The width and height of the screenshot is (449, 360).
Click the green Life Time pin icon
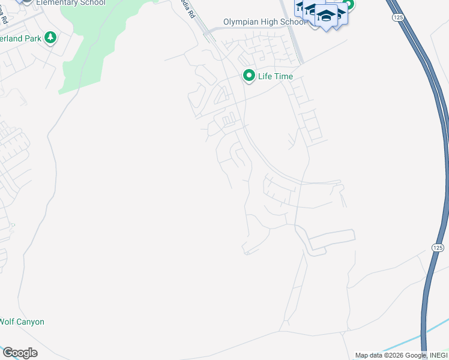point(249,76)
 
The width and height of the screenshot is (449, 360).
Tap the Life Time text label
point(276,76)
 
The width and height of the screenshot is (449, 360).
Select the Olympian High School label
point(264,22)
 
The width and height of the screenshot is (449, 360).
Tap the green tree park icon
point(51,38)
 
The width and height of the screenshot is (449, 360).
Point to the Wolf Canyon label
point(22,322)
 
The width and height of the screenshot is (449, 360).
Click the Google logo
point(20,353)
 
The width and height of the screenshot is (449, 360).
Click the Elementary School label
point(70,3)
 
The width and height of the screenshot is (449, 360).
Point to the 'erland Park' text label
point(21,38)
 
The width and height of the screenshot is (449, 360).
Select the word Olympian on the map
point(240,22)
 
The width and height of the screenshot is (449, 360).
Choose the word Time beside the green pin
point(283,76)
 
